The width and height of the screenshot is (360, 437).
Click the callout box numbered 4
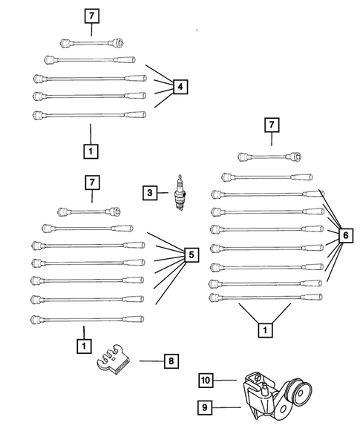(x=180, y=88)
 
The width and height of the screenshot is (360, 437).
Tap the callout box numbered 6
(x=344, y=236)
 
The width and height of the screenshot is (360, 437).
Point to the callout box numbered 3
(x=151, y=193)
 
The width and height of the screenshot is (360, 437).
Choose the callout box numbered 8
(x=171, y=361)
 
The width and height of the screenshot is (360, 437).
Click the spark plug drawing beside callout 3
(x=177, y=193)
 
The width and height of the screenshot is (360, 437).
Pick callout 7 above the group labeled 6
(x=272, y=126)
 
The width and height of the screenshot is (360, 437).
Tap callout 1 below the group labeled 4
(x=91, y=150)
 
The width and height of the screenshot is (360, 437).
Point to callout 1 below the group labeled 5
(x=84, y=346)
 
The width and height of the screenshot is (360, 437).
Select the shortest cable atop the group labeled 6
(x=268, y=156)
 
